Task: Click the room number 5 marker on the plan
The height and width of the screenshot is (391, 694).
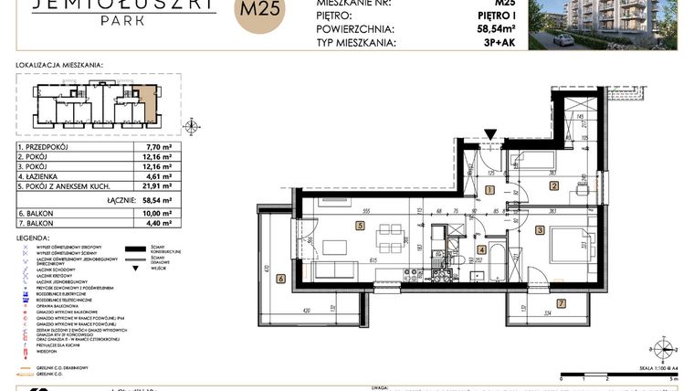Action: pos(361,226)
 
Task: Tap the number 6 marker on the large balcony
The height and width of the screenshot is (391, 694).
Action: pos(282,279)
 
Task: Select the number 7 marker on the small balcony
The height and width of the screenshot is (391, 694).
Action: pos(560,302)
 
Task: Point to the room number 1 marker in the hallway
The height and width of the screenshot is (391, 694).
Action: pos(489,190)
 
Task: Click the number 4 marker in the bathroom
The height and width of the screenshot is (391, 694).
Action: pos(481,249)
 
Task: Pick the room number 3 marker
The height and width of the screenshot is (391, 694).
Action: pos(541,230)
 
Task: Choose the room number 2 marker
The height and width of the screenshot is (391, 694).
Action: pos(553,186)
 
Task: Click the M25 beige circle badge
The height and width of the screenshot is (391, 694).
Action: pos(259,14)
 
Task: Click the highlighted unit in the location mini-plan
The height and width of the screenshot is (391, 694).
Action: pos(147,106)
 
